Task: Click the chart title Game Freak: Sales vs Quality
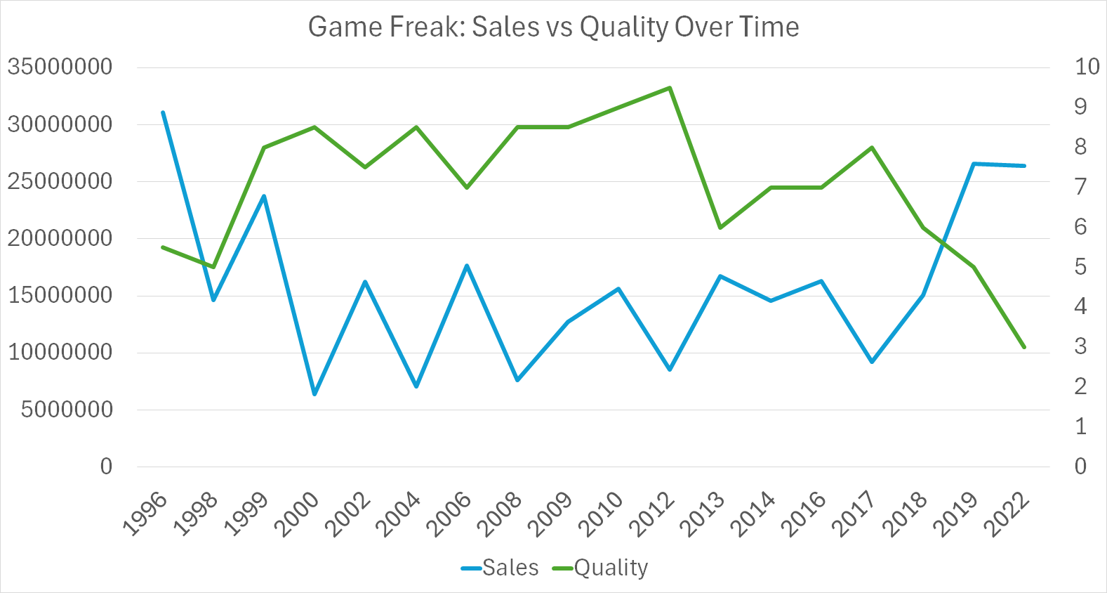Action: pos(553,27)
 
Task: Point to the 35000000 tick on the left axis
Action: pos(60,67)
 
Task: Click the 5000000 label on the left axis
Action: pos(67,409)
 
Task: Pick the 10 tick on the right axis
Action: pos(1087,67)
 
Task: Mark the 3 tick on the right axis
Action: pos(1080,346)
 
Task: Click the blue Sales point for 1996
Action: pos(163,112)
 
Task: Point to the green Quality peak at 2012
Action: pos(670,88)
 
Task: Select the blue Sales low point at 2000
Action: pos(314,394)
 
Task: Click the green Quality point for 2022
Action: pos(1024,347)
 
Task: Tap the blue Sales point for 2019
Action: pos(974,164)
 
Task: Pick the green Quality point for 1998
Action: pos(213,267)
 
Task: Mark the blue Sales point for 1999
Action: pos(264,196)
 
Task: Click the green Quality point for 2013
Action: pos(720,227)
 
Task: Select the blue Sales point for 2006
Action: pos(467,266)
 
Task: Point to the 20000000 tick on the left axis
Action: pos(60,238)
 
